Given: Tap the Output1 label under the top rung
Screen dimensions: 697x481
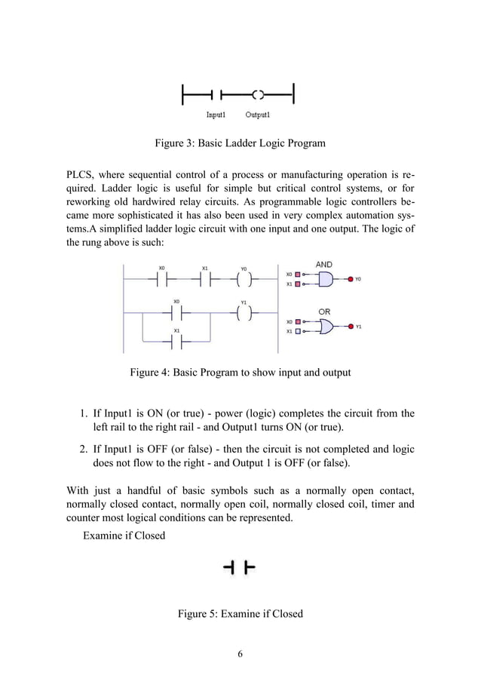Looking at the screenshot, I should (x=258, y=115).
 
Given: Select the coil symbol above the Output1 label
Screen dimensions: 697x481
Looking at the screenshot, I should (x=258, y=95).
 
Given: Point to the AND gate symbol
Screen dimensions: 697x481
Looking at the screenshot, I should (x=326, y=279).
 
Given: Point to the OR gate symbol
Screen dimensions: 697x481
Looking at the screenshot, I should (x=326, y=327).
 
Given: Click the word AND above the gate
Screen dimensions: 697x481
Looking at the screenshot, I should (x=323, y=266).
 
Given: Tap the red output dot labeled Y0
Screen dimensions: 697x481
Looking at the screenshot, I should (x=350, y=279).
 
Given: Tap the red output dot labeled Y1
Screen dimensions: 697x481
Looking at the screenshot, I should (x=350, y=327).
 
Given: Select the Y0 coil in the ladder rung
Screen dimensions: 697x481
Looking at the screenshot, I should (x=244, y=278).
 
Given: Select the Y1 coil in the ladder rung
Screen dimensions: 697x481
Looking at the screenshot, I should (x=244, y=313).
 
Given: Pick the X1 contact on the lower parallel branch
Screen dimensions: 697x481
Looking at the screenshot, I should (x=177, y=342).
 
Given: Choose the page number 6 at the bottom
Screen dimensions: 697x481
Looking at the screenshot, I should (x=240, y=653).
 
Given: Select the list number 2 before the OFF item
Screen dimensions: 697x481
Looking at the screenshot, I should (x=83, y=449).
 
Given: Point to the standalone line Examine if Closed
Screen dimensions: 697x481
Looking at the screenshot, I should (x=124, y=536).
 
